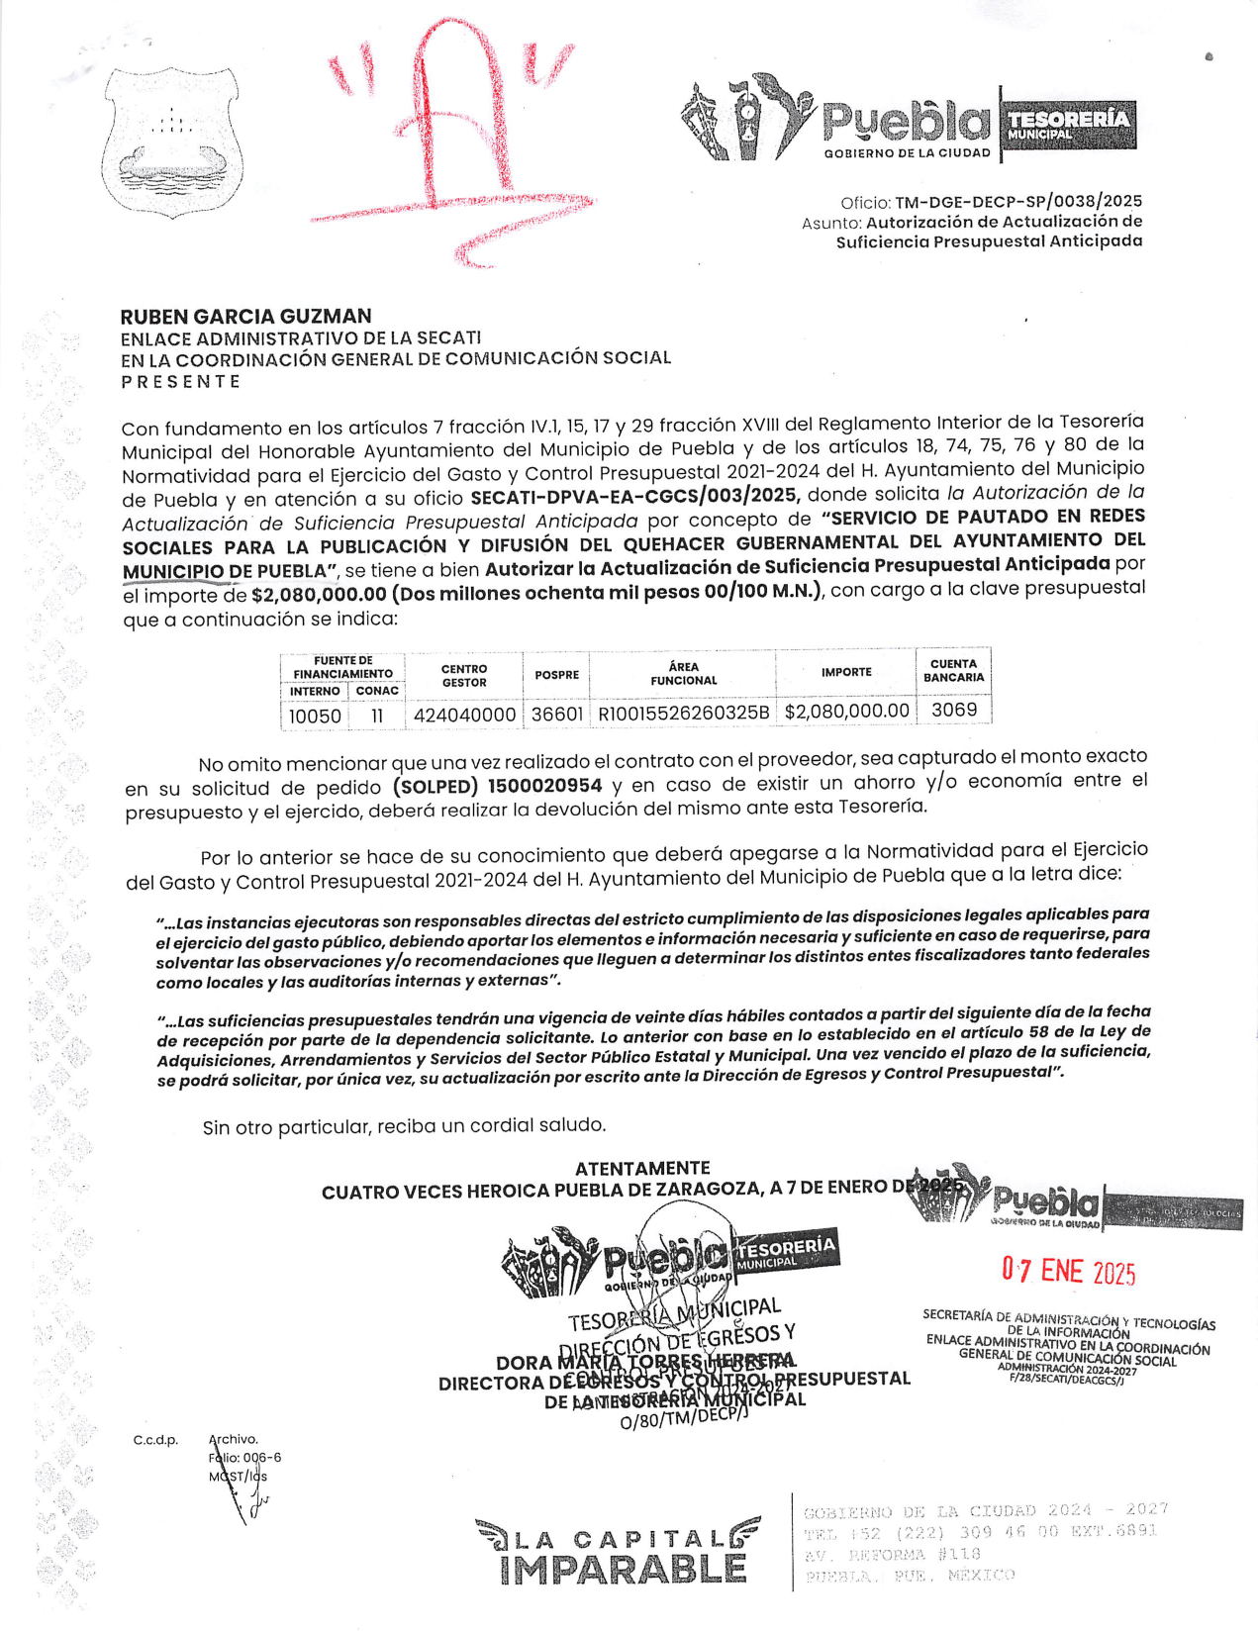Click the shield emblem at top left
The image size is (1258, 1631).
tap(171, 142)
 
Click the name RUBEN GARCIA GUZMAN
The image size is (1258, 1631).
tap(245, 317)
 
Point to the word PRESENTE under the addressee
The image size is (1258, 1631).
tap(181, 382)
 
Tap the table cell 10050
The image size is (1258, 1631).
tap(315, 716)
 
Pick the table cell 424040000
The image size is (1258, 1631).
tap(464, 715)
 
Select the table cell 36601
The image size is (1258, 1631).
tap(556, 714)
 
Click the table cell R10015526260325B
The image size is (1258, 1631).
tap(683, 713)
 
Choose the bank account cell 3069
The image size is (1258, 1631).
tap(953, 710)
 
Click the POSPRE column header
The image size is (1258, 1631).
tap(556, 675)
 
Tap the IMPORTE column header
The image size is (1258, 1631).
tap(846, 672)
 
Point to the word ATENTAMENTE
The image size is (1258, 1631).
tap(642, 1168)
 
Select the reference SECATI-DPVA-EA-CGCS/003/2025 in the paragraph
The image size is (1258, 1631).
tap(634, 495)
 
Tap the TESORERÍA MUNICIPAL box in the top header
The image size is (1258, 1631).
tap(1068, 126)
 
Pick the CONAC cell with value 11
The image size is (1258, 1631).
tap(377, 716)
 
